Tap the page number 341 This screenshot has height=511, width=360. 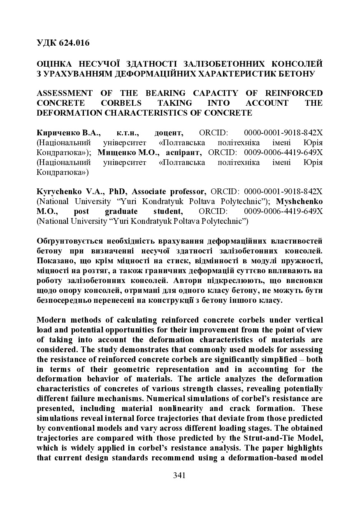coord(180,476)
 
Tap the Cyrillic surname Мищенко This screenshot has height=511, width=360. coord(116,153)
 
